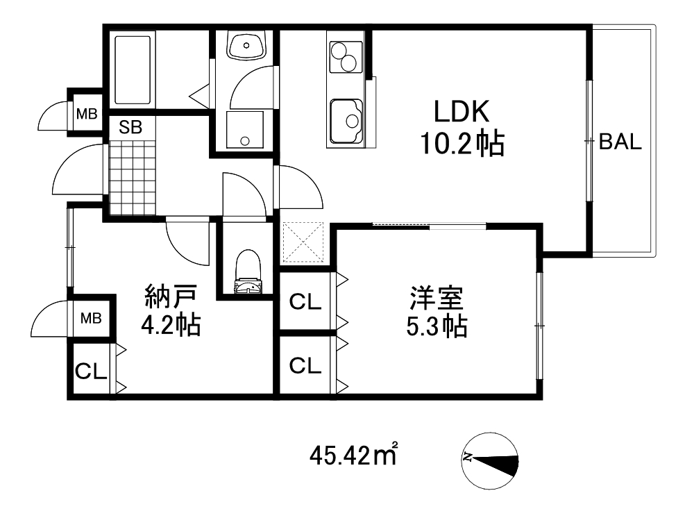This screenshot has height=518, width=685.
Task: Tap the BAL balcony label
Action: click(x=620, y=142)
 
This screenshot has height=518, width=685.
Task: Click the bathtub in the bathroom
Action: click(x=132, y=69)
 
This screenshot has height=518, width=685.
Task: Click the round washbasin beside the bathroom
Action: click(x=246, y=47)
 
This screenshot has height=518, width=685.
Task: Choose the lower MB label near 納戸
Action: click(x=91, y=319)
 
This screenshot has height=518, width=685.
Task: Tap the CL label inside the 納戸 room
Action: click(x=91, y=371)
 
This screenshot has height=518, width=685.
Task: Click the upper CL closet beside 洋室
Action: click(x=305, y=302)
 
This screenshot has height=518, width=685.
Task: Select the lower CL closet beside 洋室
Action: click(x=305, y=365)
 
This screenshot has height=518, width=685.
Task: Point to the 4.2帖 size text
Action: click(x=171, y=324)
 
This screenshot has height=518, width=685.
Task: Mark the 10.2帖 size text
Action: click(x=461, y=144)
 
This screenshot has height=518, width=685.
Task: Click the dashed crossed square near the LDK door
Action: click(x=303, y=243)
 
